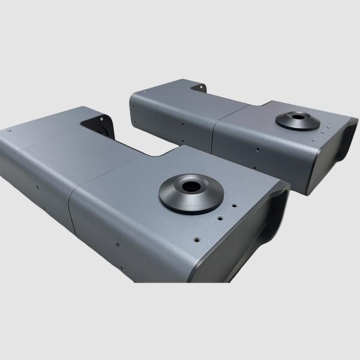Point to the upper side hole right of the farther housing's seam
point(257,146)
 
